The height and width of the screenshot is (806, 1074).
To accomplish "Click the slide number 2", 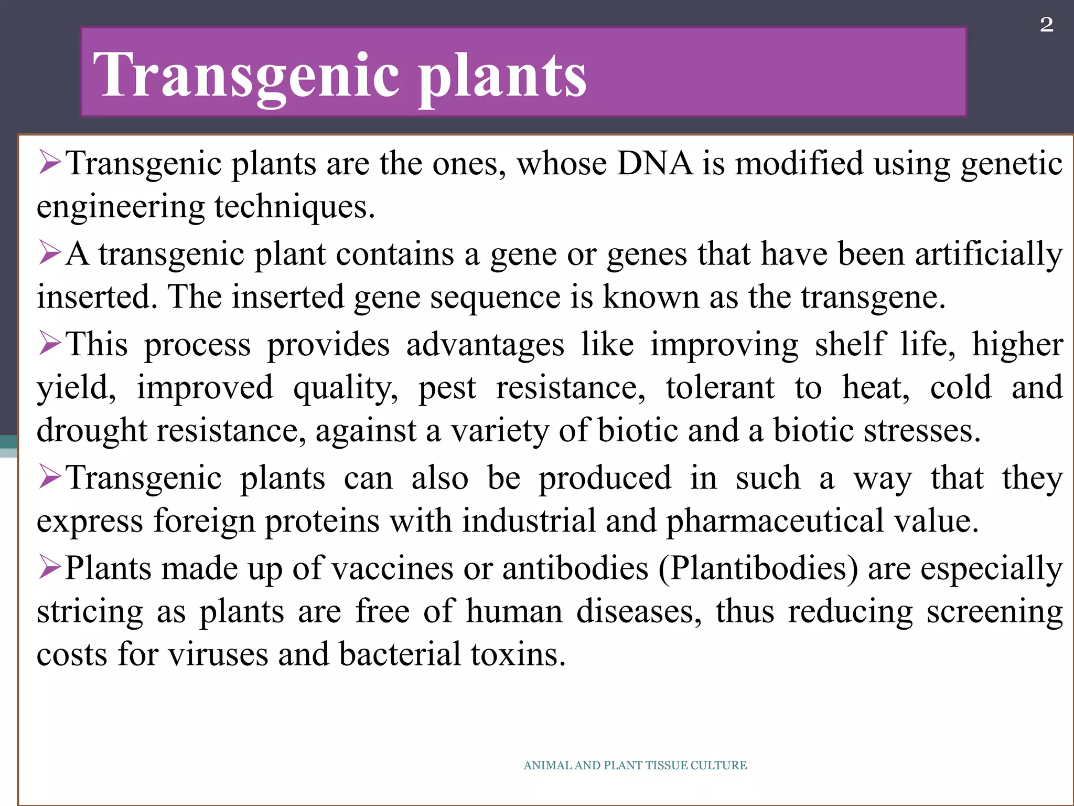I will coord(1046,25).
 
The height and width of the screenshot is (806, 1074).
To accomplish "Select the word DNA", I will coord(654,163).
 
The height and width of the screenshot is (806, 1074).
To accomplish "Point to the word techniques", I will coord(294,207).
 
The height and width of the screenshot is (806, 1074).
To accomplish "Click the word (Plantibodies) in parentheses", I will coord(758,568).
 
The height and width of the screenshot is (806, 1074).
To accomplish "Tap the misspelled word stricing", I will coord(90,612).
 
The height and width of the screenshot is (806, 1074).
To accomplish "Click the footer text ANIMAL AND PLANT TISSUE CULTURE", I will coord(635,765).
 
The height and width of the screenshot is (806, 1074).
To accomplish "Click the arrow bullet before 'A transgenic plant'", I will coord(50,253).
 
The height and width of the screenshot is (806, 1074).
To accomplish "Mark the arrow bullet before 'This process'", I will coord(50,344).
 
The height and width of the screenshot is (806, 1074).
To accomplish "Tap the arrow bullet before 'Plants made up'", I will coord(50,568).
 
